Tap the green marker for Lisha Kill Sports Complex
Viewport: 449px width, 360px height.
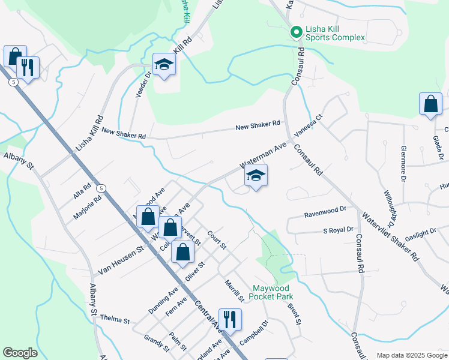[x=295, y=31]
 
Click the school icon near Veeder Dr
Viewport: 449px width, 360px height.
[x=164, y=64]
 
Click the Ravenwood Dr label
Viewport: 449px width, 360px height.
[x=325, y=209]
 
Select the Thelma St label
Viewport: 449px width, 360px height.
[x=115, y=319]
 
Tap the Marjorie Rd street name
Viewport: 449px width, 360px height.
[x=88, y=206]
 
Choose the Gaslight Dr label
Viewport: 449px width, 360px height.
[x=420, y=233]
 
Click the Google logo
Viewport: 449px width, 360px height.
[x=20, y=353]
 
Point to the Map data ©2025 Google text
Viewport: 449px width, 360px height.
[x=411, y=355]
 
